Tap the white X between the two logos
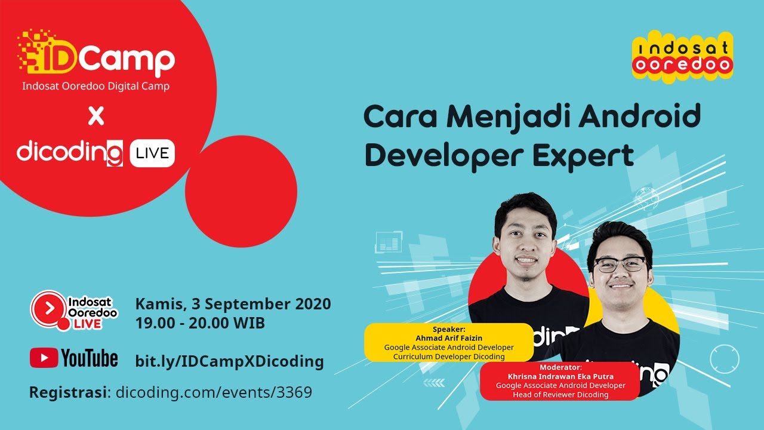(95, 116)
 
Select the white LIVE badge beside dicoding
(152, 153)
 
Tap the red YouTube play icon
(44, 358)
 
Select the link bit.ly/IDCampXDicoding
(229, 361)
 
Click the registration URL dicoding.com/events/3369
(214, 392)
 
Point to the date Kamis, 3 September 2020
(233, 304)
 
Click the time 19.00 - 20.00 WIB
(200, 323)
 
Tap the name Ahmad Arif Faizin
(448, 337)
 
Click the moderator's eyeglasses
(620, 264)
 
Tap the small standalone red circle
(241, 191)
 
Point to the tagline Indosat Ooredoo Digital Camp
(95, 86)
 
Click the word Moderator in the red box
(560, 367)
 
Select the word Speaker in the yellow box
(448, 328)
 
